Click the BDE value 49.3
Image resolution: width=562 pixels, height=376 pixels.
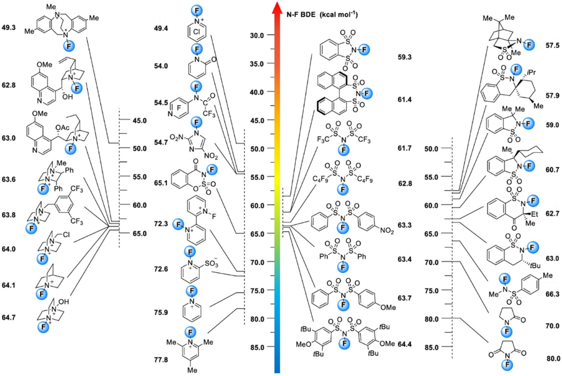10,27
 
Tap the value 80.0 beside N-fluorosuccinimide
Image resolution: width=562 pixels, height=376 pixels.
550,359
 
